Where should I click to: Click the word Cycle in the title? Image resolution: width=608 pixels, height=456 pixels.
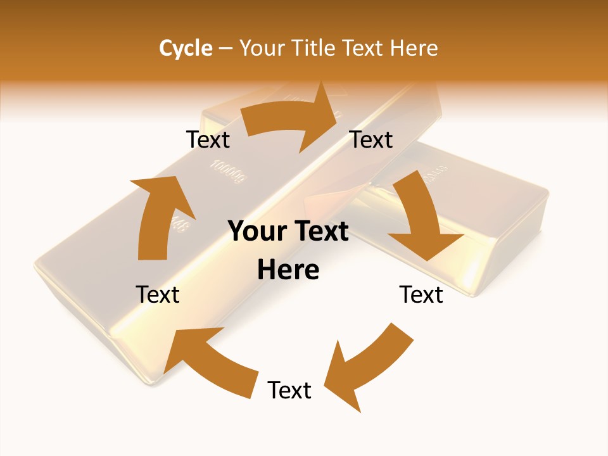tap(186, 48)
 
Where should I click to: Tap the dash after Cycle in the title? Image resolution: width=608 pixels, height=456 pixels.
tap(225, 49)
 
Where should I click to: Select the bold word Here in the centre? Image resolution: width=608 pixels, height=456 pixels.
tap(288, 270)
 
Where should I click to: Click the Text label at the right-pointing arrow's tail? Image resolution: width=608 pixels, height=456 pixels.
tap(208, 140)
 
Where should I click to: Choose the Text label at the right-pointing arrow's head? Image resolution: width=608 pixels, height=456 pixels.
tap(371, 140)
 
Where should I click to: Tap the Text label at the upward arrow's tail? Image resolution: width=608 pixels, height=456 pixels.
tap(158, 294)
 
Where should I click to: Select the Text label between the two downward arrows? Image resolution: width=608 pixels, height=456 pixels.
tap(421, 294)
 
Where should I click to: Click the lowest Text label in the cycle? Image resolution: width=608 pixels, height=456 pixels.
tap(289, 390)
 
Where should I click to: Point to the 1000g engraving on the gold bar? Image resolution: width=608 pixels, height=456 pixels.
tap(227, 171)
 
